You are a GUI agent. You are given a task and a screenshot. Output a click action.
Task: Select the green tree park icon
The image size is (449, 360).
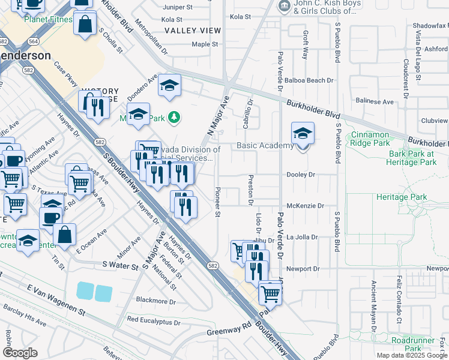pos(174,116)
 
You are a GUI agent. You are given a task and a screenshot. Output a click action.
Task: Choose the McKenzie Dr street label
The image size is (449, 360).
pos(305,206)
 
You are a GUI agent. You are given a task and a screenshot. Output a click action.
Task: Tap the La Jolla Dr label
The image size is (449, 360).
pos(301,237)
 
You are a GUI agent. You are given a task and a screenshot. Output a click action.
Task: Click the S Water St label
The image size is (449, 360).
pos(121,265)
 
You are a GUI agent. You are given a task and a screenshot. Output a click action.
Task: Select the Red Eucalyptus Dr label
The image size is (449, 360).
pos(154,321)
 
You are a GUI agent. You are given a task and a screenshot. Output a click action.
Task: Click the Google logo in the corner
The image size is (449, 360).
pos(20,353)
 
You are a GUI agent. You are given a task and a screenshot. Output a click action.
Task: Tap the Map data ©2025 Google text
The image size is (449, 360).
pos(411,355)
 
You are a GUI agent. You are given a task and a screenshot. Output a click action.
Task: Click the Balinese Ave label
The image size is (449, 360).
pos(375,103)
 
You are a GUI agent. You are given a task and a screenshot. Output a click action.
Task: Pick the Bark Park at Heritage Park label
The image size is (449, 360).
pos(411,158)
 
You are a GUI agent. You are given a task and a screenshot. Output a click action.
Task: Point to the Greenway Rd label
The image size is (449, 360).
pos(229,329)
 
